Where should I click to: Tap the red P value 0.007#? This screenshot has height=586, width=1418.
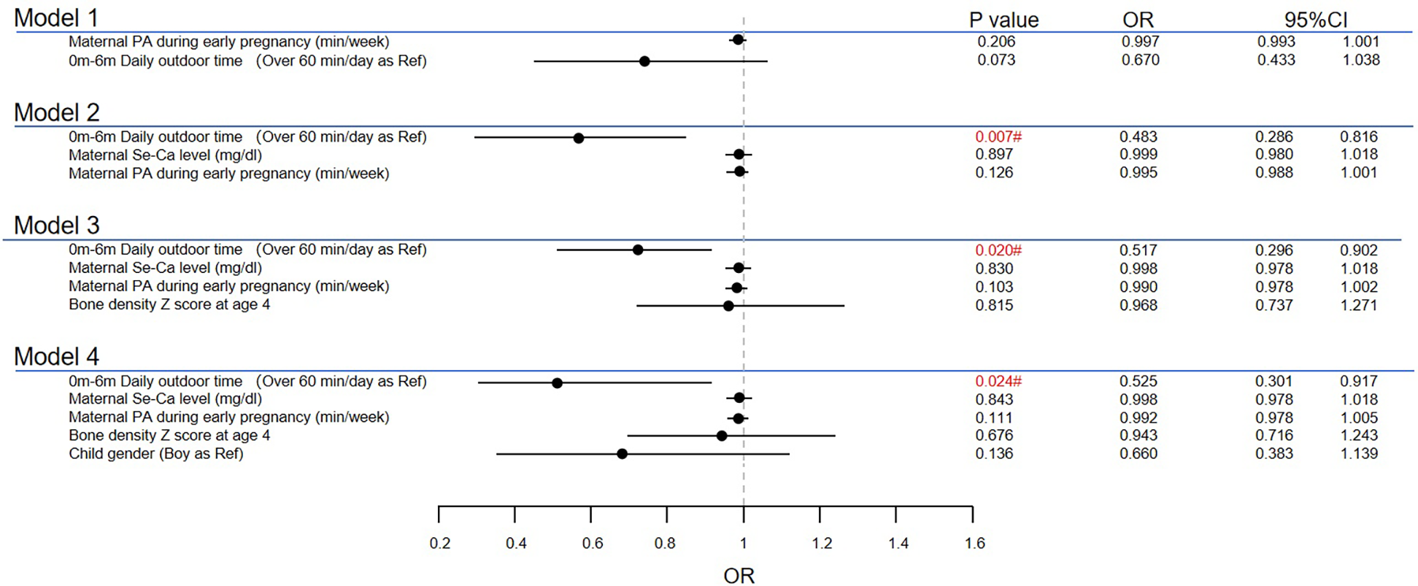(x=998, y=136)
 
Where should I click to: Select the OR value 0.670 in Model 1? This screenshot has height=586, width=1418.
(x=1140, y=61)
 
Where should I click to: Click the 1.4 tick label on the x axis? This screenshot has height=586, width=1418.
(x=898, y=544)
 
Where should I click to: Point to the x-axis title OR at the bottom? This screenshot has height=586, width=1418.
(x=739, y=576)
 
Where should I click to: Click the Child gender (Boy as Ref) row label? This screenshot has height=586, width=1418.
(x=155, y=454)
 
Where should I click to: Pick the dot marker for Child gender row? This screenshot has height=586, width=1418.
(x=622, y=454)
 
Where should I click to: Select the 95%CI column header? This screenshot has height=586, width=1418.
(x=1315, y=20)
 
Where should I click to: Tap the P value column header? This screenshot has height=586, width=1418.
(x=1003, y=20)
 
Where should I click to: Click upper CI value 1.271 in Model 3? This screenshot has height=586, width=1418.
(x=1359, y=305)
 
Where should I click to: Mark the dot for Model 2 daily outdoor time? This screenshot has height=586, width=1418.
(x=579, y=138)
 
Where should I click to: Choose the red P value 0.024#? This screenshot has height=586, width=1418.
(x=998, y=381)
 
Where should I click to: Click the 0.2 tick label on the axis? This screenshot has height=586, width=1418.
(x=440, y=544)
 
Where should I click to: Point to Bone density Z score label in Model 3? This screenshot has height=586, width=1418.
(x=169, y=304)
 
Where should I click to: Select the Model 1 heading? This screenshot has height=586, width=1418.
(x=56, y=18)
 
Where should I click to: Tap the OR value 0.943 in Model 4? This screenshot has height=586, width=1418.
(x=1138, y=436)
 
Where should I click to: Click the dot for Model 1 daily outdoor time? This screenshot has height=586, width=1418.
(x=644, y=61)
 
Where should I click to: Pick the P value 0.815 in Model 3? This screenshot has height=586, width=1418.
(x=994, y=305)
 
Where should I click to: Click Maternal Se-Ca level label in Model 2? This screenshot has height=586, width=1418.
(x=165, y=155)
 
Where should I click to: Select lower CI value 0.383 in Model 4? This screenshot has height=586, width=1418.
(x=1274, y=454)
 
